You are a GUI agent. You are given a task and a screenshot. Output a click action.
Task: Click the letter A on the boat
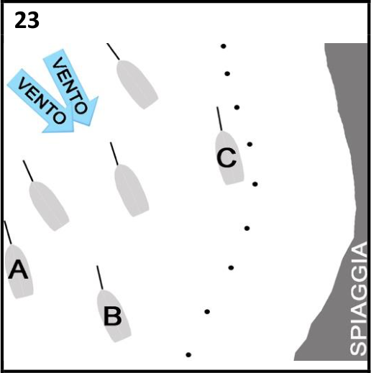coord(18,270)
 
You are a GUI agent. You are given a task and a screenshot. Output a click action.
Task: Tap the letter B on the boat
coord(113,316)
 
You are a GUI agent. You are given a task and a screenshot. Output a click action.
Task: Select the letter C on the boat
coord(226,157)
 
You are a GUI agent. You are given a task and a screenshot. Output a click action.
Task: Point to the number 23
coord(27,21)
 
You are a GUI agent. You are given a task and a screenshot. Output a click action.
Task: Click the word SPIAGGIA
coord(358,298)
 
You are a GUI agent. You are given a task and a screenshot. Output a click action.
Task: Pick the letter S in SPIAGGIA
coord(358,347)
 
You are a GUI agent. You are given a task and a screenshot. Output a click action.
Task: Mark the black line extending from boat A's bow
coord(8,232)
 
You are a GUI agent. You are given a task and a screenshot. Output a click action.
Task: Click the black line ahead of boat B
coord(100,277)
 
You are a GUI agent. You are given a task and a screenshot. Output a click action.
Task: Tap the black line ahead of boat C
coord(219,119)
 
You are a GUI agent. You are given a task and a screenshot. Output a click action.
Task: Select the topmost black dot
coord(223,46)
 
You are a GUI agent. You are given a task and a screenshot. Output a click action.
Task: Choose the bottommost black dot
coord(188,355)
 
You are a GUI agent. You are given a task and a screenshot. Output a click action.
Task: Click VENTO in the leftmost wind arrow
coord(41,101)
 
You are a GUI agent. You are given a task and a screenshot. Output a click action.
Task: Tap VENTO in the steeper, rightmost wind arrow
coord(70,86)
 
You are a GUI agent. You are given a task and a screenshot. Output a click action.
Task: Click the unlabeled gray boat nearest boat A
coord(49,206)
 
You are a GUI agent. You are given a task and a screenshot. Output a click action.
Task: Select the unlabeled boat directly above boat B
coord(132,190)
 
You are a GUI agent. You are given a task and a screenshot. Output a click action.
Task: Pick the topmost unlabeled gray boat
coord(137,84)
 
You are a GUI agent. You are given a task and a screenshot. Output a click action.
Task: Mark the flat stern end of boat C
coord(234,182)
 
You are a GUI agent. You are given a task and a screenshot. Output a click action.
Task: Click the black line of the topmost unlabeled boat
coord(113,52)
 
